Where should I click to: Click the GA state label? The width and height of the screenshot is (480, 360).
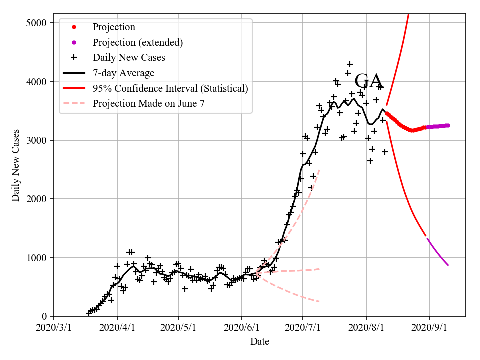click(x=368, y=81)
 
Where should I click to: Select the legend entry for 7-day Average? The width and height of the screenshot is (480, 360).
click(x=123, y=73)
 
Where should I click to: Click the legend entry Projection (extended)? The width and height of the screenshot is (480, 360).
click(x=138, y=42)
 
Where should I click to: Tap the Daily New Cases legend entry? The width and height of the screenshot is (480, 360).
click(x=129, y=58)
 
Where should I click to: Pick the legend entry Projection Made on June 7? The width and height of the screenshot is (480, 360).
click(x=148, y=104)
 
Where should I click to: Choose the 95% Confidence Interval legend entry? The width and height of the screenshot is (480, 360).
click(x=170, y=88)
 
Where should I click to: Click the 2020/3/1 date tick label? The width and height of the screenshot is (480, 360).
click(x=54, y=328)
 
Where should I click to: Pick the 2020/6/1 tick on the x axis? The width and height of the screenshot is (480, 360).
click(x=242, y=328)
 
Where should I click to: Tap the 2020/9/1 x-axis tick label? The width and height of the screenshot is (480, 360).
click(x=430, y=328)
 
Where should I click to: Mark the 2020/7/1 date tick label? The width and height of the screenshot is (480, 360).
click(x=303, y=328)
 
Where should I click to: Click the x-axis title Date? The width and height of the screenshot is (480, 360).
click(x=260, y=342)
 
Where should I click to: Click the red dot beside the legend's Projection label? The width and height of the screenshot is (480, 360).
click(x=74, y=27)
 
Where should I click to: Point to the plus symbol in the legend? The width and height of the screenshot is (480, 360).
click(x=74, y=58)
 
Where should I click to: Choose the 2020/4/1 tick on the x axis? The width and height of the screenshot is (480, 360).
click(x=117, y=328)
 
